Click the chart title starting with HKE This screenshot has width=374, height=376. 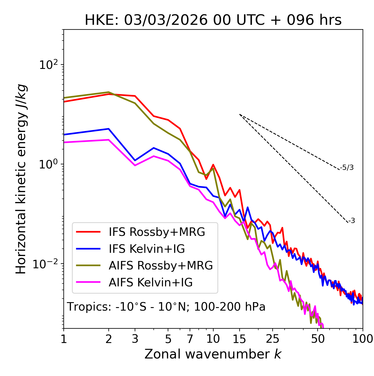(x=213, y=20)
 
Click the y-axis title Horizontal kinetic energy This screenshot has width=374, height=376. (x=21, y=179)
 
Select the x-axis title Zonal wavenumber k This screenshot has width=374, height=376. (x=213, y=354)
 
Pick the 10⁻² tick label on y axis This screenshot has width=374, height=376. (x=47, y=264)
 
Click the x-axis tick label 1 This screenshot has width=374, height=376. (x=64, y=339)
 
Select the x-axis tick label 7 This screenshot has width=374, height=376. (x=190, y=339)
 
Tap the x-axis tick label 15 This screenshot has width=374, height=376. (x=239, y=339)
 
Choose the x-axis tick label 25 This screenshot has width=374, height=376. (x=272, y=339)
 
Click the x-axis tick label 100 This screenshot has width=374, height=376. (x=363, y=339)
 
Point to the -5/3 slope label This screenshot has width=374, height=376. (x=347, y=168)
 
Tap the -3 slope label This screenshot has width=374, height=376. (x=352, y=221)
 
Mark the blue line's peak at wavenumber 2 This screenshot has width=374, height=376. (x=109, y=129)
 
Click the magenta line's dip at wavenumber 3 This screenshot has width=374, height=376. (x=135, y=166)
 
